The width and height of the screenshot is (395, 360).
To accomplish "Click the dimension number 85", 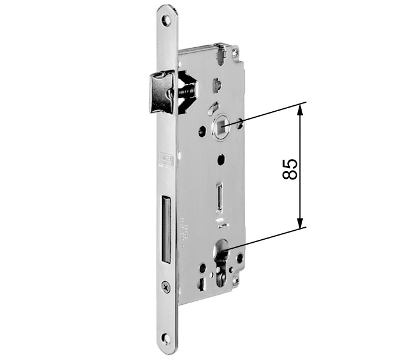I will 290,169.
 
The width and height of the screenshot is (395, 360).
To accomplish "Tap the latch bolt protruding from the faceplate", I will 160,92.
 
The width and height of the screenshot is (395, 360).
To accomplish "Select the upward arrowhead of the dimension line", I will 301,108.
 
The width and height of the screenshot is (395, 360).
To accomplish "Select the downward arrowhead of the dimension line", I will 301,222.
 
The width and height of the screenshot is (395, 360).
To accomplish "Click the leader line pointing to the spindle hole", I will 269,114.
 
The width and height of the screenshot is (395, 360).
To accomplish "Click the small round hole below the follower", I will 220,160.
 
